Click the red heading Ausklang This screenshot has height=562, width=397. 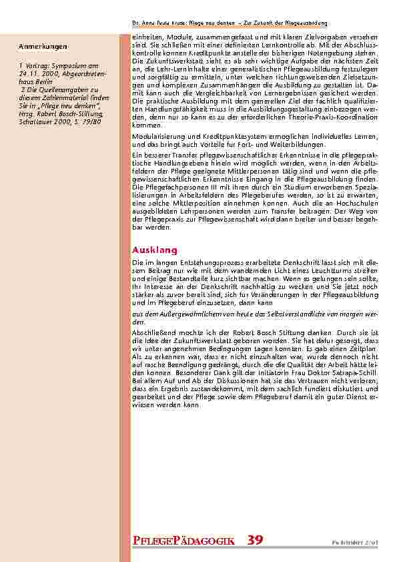pos(155,250)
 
